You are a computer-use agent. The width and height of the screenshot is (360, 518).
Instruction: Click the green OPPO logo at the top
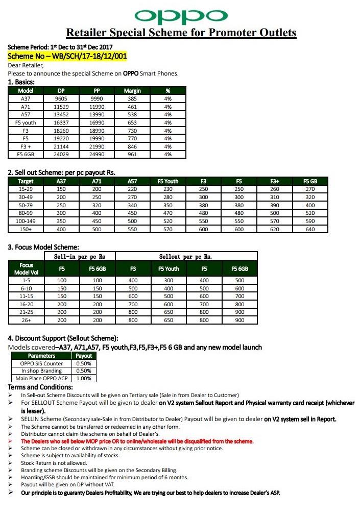tap(181, 15)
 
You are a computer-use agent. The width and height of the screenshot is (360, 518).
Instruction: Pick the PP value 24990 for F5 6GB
tap(97, 154)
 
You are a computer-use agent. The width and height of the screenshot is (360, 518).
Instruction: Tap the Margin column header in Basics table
tap(132, 91)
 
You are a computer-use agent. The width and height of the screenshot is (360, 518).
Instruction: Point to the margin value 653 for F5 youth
tap(132, 122)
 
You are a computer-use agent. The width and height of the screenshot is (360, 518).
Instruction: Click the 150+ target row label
tap(26, 229)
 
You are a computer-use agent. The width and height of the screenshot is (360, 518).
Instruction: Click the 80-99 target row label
tap(26, 213)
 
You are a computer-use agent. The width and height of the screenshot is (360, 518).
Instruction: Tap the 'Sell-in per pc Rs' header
tap(79, 256)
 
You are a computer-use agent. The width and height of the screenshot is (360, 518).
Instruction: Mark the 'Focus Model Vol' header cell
tap(27, 268)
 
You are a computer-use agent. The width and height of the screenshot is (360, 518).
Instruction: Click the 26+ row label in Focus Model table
tap(27, 320)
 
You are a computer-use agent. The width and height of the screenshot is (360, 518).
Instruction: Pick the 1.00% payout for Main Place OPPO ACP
tap(84, 378)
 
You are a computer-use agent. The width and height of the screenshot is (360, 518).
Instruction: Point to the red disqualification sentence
tap(137, 441)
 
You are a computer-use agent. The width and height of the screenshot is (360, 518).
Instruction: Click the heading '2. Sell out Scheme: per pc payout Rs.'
tap(65, 172)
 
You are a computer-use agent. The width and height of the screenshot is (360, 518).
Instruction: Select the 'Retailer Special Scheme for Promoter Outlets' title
tap(181, 33)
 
